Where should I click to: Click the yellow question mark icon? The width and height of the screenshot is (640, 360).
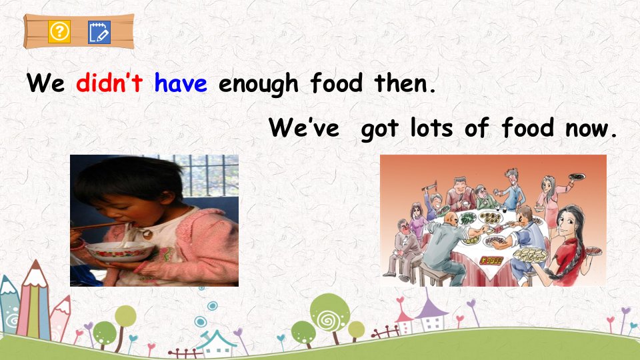[x=59, y=31]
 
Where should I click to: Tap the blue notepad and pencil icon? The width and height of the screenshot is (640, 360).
[x=99, y=32]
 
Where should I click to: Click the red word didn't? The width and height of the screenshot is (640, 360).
[x=109, y=83]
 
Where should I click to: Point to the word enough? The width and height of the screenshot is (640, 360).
[x=259, y=85]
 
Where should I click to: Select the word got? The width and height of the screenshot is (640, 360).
[x=379, y=129]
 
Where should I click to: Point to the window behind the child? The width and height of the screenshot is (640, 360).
[x=208, y=175]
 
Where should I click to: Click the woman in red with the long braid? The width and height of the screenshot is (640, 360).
[x=569, y=245]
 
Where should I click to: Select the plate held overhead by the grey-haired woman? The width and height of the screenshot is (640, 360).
[x=577, y=177]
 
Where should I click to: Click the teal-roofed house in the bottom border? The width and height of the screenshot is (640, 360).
[x=216, y=344]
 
